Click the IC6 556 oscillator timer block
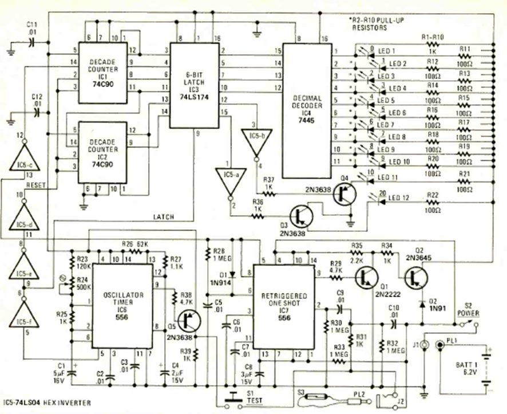(122, 303)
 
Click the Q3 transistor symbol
(300, 216)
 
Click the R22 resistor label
(433, 196)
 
